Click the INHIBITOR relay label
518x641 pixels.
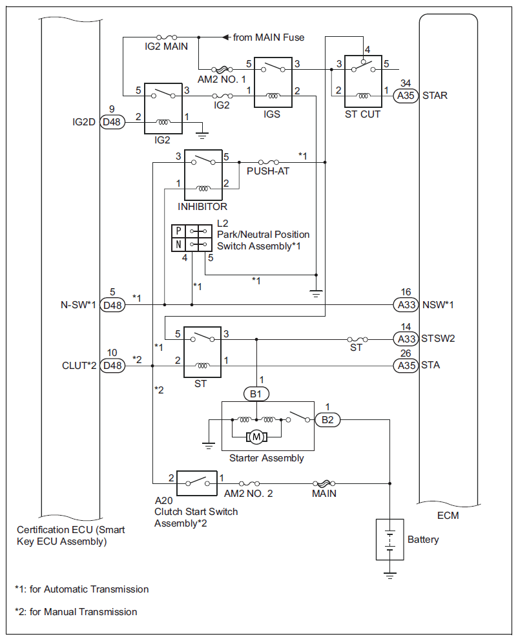(x=202, y=207)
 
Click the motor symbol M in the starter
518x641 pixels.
(x=256, y=437)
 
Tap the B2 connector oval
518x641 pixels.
(x=327, y=420)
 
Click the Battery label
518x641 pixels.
(x=423, y=540)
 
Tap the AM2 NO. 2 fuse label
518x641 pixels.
(x=249, y=494)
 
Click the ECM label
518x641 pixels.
(x=446, y=517)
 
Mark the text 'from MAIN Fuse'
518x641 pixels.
(x=268, y=37)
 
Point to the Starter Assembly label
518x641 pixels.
(x=266, y=458)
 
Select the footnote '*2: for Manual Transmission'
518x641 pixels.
(x=76, y=611)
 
